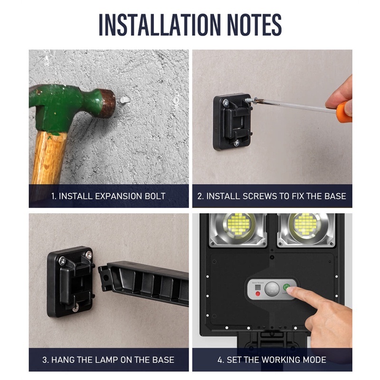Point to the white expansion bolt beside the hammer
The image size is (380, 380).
click(x=124, y=100)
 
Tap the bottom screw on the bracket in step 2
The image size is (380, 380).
click(x=236, y=142)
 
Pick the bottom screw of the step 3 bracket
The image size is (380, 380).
click(x=75, y=309)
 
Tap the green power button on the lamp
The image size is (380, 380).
click(x=287, y=287)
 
